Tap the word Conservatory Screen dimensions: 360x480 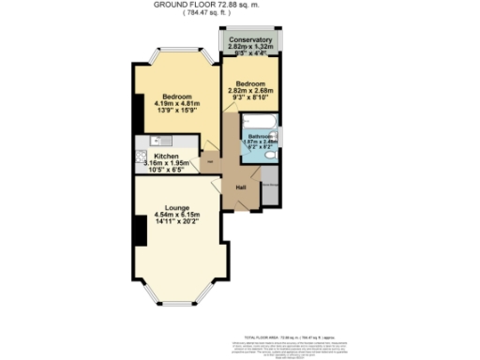pyautogui.click(x=250, y=40)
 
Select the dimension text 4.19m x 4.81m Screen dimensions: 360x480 pyautogui.click(x=176, y=104)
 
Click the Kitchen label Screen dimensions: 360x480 pyautogui.click(x=166, y=156)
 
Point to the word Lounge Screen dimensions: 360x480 pyautogui.click(x=177, y=207)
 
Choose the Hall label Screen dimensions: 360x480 pyautogui.click(x=241, y=187)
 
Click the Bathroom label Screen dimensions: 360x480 pyautogui.click(x=261, y=136)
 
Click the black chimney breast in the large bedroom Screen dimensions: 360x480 pyautogui.click(x=138, y=113)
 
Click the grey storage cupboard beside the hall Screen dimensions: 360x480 pyautogui.click(x=269, y=186)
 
